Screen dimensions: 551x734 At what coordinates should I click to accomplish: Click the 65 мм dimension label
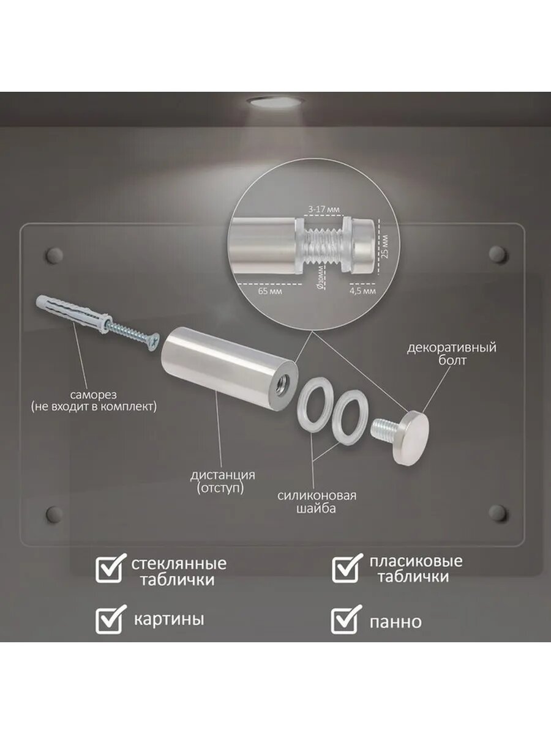coord(270,291)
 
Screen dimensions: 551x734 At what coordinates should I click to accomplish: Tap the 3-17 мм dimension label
coord(323,209)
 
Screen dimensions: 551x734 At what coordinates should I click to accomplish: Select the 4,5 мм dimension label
coord(362,291)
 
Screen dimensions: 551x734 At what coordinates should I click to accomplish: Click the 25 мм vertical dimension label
coord(386,247)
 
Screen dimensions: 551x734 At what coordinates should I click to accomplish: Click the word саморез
coord(93,395)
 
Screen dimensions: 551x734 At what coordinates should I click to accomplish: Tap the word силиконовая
coord(317,495)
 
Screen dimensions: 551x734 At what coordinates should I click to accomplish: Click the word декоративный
coord(452,347)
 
